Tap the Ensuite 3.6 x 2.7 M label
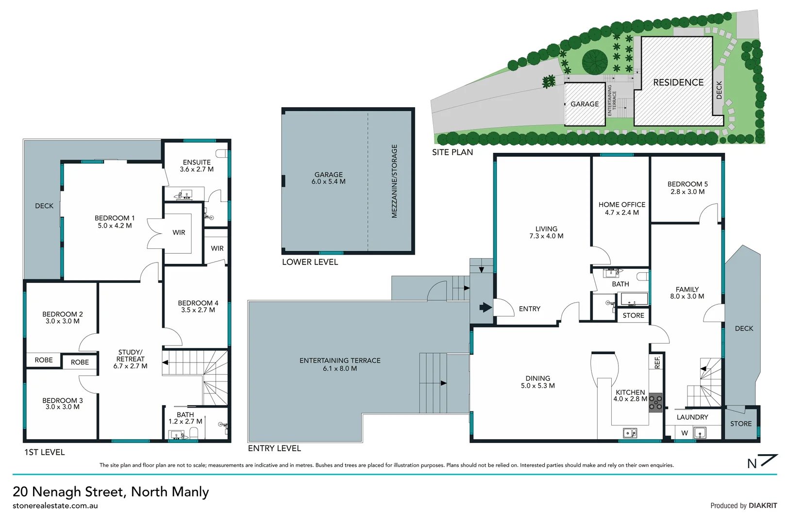point(197,166)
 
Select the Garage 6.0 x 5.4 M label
point(329,178)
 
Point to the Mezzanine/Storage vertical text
point(394,181)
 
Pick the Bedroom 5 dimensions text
point(687,192)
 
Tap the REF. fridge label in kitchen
point(657,362)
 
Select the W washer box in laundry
point(685,433)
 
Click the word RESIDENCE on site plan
point(678,82)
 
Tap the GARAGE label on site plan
point(585,104)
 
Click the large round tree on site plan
point(595,62)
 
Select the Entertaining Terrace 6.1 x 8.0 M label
point(340,364)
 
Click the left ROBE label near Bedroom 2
point(44,360)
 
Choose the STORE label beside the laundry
point(741,424)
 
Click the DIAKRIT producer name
point(763,506)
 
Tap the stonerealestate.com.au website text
point(55,506)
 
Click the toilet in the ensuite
point(223,153)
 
